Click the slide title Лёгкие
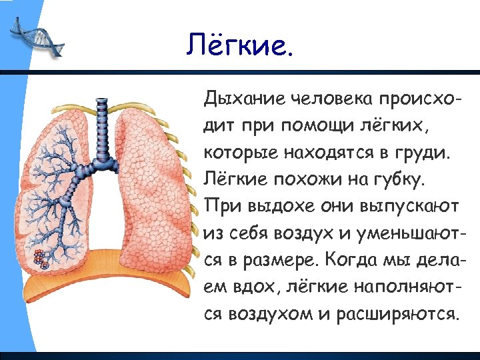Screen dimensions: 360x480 (239, 45)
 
